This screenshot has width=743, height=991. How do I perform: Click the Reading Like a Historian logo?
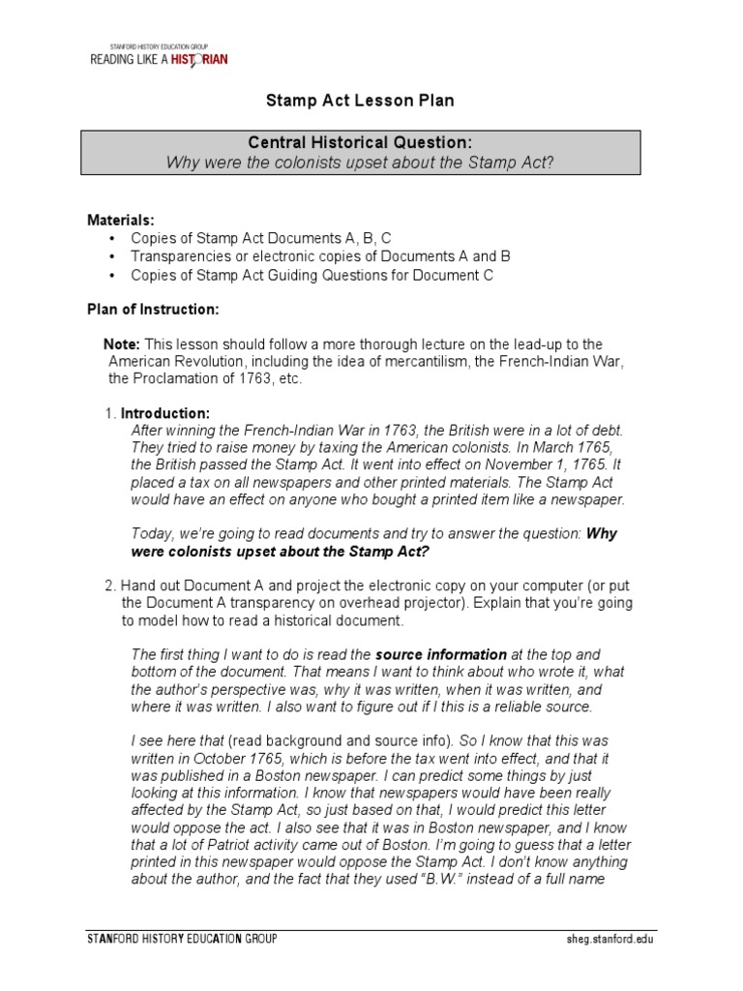pos(160,56)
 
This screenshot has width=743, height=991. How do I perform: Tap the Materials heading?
pos(121,220)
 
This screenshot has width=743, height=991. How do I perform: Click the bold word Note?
pos(122,344)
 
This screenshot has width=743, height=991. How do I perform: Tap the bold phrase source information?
pos(440,654)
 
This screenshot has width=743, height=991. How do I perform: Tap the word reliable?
pos(534,706)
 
